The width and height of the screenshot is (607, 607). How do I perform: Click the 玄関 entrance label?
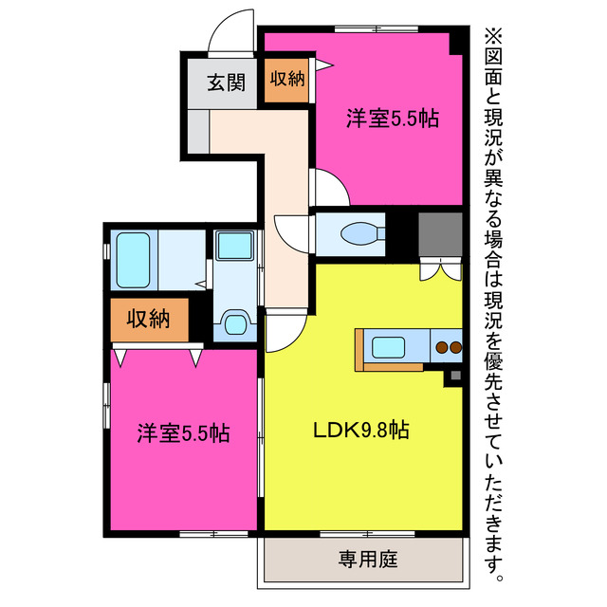pos(221,83)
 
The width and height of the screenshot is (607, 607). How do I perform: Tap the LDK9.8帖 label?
pos(361,430)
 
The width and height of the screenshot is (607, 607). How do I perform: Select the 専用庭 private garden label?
pos(362,560)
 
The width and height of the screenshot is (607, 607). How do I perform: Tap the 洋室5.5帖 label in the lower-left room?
pos(182,433)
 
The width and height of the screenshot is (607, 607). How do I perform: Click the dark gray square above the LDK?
pos(439,233)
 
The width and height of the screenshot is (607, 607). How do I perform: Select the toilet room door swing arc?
pos(290,232)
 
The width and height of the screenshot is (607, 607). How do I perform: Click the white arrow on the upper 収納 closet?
pos(322,64)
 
